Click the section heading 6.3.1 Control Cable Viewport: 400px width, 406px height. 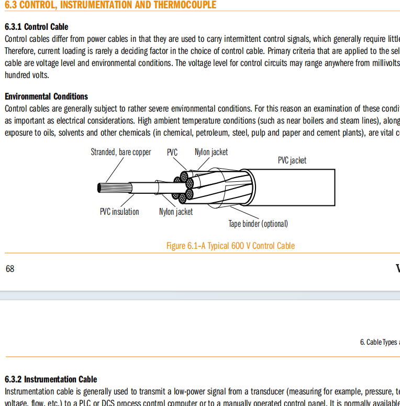tap(36, 27)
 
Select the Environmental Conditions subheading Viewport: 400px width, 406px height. tap(46, 96)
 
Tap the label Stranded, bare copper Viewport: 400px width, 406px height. tap(121, 152)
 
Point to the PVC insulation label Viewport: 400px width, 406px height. tap(119, 212)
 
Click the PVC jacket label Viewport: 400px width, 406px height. tap(292, 160)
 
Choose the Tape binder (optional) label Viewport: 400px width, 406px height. tap(258, 224)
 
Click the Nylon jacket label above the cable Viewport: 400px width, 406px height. tap(211, 152)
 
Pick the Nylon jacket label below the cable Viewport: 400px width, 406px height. tap(176, 212)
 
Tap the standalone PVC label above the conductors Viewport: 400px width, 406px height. tap(172, 152)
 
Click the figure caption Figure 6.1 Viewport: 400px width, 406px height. tap(230, 246)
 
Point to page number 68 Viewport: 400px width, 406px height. tap(10, 269)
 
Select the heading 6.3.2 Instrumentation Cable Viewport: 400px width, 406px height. tap(51, 379)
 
